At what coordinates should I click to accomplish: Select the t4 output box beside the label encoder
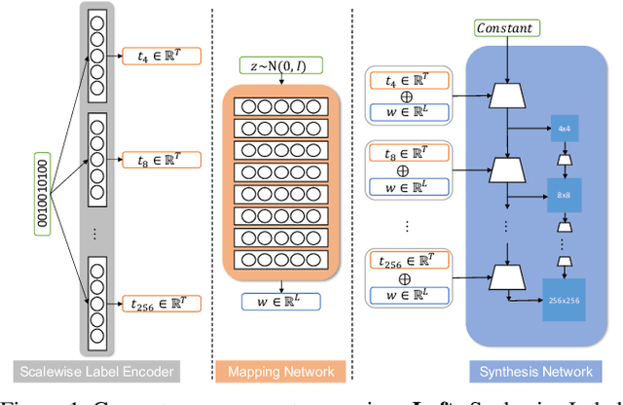click(x=161, y=56)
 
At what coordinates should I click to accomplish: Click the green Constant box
click(x=503, y=27)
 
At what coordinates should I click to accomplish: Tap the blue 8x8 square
click(x=563, y=194)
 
